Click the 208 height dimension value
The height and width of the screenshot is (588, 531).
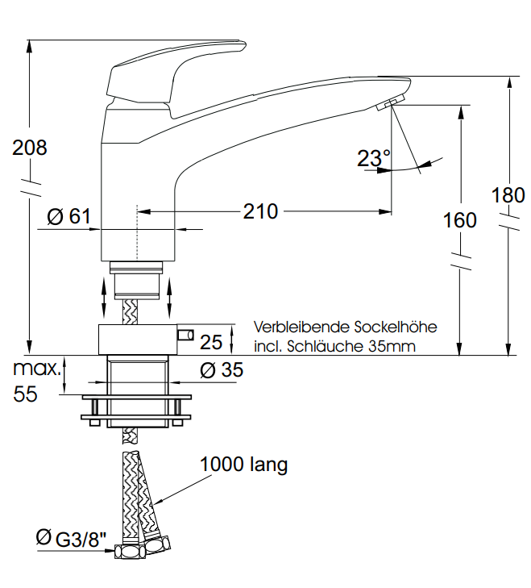pos(30,148)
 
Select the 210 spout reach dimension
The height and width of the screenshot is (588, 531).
pos(260,211)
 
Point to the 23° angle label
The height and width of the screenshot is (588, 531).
pos(373,158)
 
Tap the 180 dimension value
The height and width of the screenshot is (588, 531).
pos(508,194)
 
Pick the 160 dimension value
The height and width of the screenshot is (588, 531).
pos(460,219)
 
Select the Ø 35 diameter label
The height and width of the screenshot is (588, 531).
pos(221,370)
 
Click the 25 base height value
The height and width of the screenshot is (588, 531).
pos(211,342)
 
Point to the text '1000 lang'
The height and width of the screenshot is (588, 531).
pos(243,465)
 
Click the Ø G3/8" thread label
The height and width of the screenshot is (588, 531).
pos(71,539)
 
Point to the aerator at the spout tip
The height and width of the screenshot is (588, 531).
pos(388,102)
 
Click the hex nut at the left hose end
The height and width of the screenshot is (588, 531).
pos(127,553)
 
